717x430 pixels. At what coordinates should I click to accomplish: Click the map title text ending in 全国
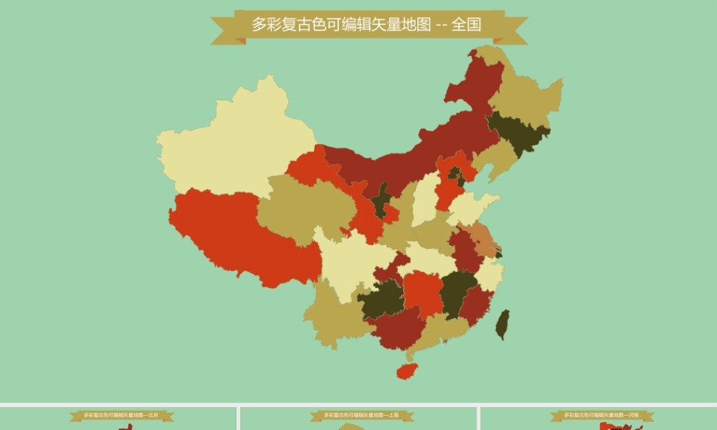point(366,24)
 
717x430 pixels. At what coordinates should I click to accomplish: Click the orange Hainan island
point(407,371)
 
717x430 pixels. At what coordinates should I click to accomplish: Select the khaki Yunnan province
point(333,315)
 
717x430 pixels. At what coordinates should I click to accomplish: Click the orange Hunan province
point(423,290)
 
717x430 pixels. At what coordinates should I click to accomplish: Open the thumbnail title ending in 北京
point(121,415)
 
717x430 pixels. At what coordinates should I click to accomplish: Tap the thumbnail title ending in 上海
point(361,415)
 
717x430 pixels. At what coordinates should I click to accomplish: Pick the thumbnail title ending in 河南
point(602,415)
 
